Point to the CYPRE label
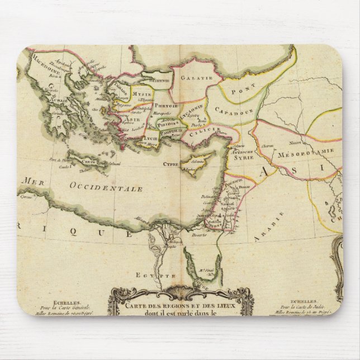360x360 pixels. point(170,164)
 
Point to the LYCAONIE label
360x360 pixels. point(192,113)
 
